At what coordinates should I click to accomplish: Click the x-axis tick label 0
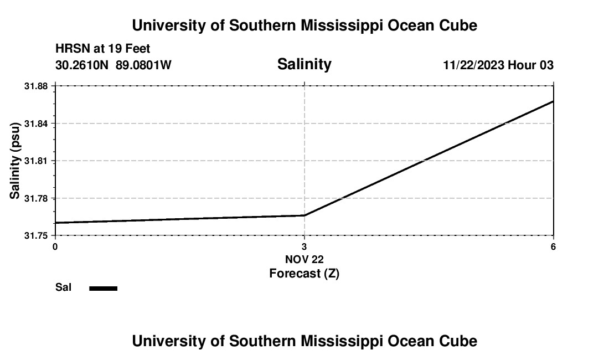click(55, 246)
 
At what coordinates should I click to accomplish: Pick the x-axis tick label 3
click(304, 246)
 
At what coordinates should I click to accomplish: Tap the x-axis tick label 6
click(553, 246)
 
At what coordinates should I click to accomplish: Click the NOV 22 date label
click(304, 259)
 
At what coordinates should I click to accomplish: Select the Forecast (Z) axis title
click(304, 273)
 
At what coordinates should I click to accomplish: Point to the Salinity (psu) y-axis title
click(16, 161)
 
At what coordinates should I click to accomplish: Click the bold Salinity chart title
click(304, 64)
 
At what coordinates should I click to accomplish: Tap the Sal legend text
click(63, 287)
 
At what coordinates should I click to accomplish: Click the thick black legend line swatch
click(103, 288)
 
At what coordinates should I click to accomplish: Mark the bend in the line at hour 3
click(304, 215)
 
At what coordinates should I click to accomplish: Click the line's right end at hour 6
click(553, 101)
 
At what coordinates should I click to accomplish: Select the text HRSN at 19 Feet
click(102, 49)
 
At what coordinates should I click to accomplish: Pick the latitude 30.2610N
click(83, 65)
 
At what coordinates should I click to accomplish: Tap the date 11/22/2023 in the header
click(473, 65)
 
